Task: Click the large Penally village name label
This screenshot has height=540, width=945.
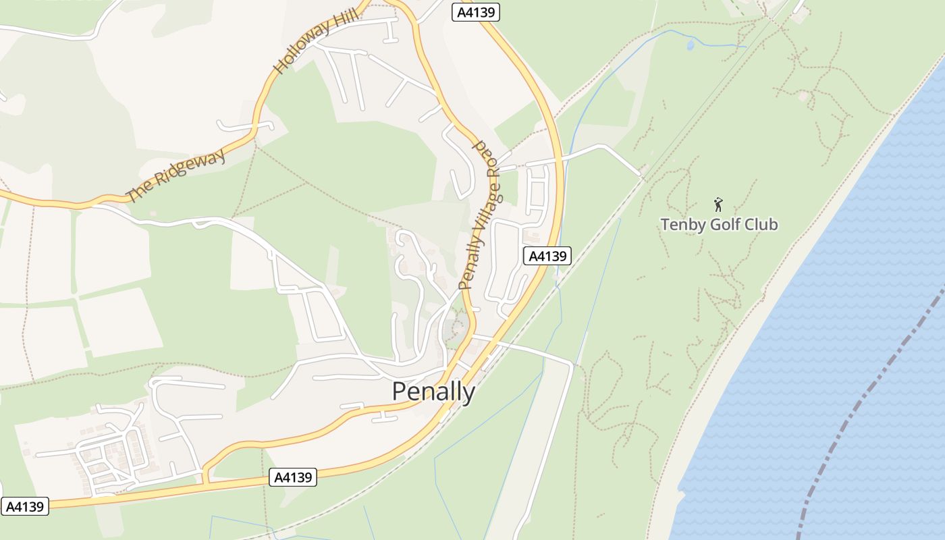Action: (x=433, y=391)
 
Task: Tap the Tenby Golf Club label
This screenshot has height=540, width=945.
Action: (x=719, y=224)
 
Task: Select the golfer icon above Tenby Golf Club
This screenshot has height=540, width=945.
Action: (x=718, y=204)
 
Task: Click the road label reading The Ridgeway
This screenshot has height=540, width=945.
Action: (x=175, y=176)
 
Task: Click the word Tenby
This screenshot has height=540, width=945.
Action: (x=683, y=224)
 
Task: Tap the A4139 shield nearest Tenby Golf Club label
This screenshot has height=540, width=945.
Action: (x=547, y=256)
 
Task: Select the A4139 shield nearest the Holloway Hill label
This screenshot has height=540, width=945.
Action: (x=475, y=12)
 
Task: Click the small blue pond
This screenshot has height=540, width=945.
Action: (x=690, y=45)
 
